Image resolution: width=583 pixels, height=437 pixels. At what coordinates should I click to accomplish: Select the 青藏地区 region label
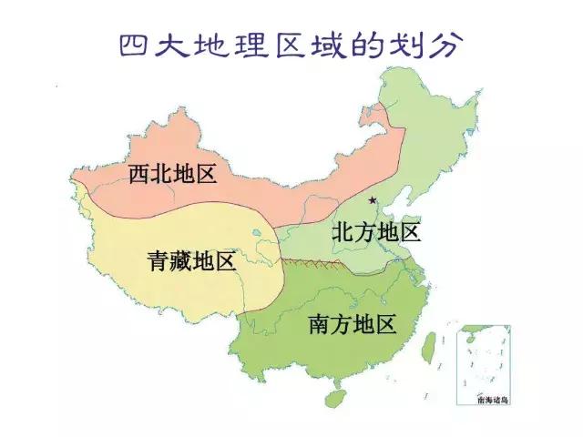point(191,262)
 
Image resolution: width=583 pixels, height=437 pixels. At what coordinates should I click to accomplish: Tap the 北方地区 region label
point(376,232)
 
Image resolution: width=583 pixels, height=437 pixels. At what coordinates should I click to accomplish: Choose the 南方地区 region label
point(353,323)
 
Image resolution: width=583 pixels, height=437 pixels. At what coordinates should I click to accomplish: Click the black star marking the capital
point(372,199)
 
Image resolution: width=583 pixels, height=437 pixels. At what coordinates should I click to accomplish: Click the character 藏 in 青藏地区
point(180,262)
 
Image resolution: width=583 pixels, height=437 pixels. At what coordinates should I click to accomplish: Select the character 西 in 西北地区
point(138,173)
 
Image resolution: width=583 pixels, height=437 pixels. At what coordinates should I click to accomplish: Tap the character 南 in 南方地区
point(320,323)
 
